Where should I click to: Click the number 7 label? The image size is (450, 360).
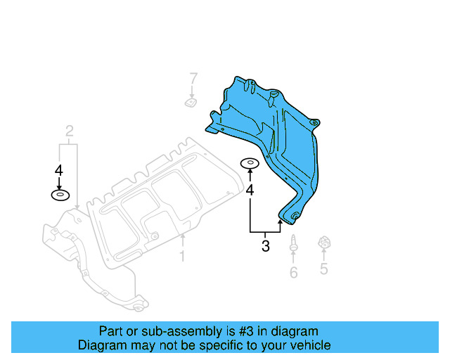[x=193, y=78]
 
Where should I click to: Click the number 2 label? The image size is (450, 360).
[x=70, y=130]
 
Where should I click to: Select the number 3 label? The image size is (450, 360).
[x=265, y=246]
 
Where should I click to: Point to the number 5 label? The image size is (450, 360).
[x=324, y=268]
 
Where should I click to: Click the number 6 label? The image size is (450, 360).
[x=293, y=272]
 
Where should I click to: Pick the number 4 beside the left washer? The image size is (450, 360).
[x=59, y=170]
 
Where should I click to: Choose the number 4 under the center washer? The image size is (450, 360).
[x=249, y=190]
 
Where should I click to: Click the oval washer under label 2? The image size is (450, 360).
[x=60, y=195]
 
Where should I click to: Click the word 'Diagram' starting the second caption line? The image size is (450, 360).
[x=101, y=345]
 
